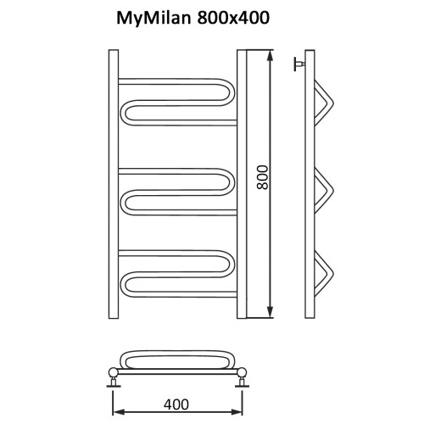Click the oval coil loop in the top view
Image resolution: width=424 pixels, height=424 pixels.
179,356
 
